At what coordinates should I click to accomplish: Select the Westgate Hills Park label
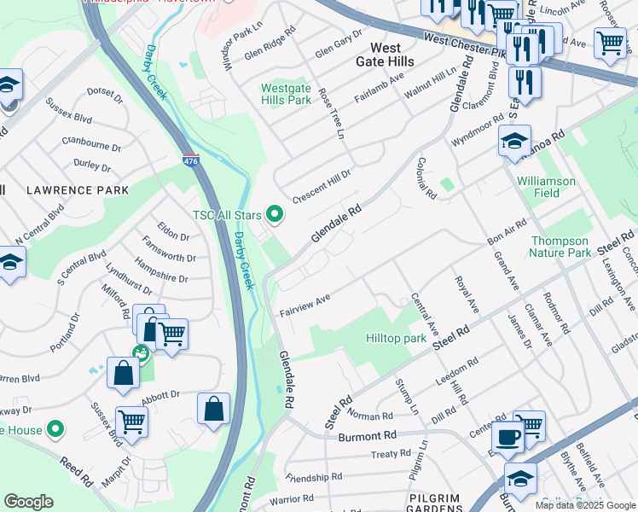coord(286,94)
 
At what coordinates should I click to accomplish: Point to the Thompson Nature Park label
coord(560,247)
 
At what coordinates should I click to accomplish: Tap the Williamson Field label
coord(546,187)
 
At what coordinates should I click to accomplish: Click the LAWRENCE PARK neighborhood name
coord(77,189)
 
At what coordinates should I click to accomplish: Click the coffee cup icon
coord(508,437)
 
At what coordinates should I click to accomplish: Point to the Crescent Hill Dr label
coord(322,186)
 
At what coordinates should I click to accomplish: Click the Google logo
coord(28,502)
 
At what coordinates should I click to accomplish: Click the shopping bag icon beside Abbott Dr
coord(212,408)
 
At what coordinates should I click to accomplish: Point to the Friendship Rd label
coord(314,476)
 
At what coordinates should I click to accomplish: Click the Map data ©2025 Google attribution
coord(585,505)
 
